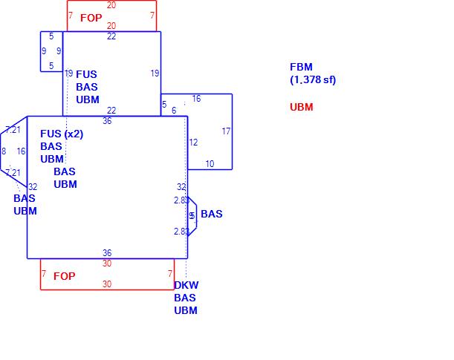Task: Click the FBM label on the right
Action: pyautogui.click(x=301, y=67)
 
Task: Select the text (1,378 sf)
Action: pyautogui.click(x=313, y=79)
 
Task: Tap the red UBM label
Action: pyautogui.click(x=301, y=107)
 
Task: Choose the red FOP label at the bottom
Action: pyautogui.click(x=64, y=276)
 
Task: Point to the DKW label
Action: pyautogui.click(x=186, y=285)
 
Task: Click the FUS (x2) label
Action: pyautogui.click(x=62, y=134)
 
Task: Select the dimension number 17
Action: pyautogui.click(x=226, y=131)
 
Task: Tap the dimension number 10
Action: pyautogui.click(x=210, y=164)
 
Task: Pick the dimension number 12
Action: pyautogui.click(x=193, y=143)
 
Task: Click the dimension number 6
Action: pyautogui.click(x=174, y=111)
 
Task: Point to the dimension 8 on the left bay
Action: pyautogui.click(x=4, y=151)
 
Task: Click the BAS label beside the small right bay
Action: pyautogui.click(x=211, y=214)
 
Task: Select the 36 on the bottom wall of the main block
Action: pyautogui.click(x=107, y=253)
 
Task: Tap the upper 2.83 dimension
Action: pyautogui.click(x=181, y=200)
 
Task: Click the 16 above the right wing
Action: pyautogui.click(x=196, y=99)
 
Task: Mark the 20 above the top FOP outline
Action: pyautogui.click(x=111, y=5)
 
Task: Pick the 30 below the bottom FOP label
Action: pyautogui.click(x=107, y=284)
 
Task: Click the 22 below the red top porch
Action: pyautogui.click(x=111, y=36)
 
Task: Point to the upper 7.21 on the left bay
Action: pyautogui.click(x=13, y=130)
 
